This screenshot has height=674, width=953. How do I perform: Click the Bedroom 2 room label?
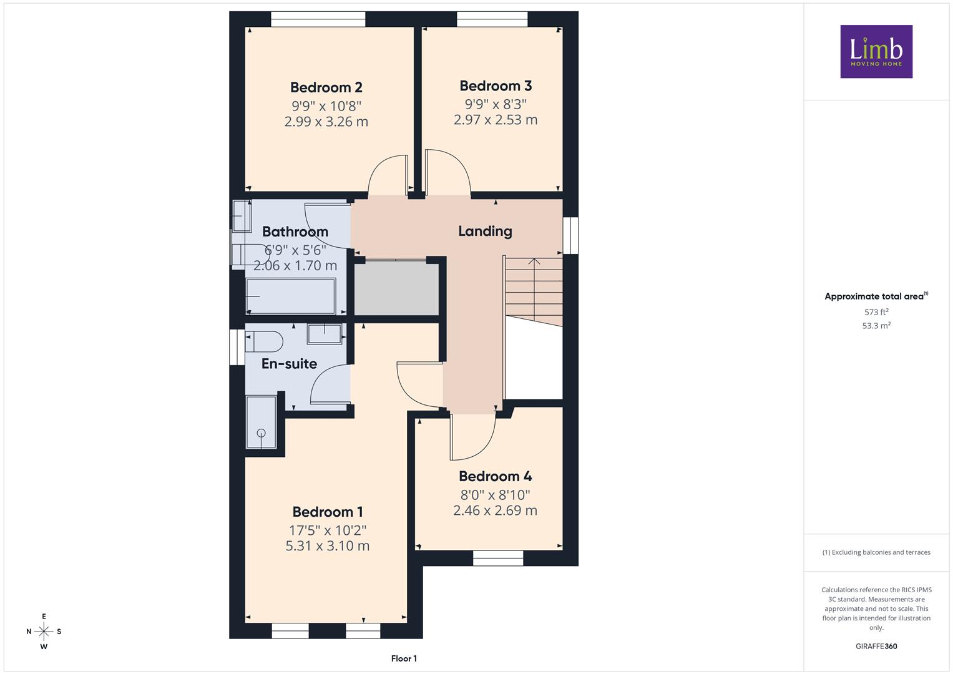point(326,87)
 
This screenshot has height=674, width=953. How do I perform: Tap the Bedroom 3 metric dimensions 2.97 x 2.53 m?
point(496,120)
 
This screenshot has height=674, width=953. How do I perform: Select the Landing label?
point(485,231)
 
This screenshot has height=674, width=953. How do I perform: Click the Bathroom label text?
point(295,232)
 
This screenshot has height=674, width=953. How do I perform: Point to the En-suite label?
point(290,364)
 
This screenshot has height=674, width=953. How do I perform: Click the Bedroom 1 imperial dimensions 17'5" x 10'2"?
point(328,530)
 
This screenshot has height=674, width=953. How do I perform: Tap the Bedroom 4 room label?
point(495,476)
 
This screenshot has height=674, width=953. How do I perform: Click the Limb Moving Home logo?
point(876,51)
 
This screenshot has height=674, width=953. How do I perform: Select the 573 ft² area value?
point(876,312)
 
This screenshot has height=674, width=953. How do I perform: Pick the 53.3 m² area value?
point(876,326)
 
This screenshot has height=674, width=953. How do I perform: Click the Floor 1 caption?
point(404,658)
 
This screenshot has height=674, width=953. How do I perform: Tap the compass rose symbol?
point(44,632)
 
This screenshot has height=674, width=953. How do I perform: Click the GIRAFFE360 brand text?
point(876,646)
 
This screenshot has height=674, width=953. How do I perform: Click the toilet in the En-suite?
point(264,342)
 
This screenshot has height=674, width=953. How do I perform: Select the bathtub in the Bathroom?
point(291,296)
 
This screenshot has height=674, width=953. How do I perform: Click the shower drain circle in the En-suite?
point(261,433)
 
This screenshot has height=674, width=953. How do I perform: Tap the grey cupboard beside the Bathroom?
point(396,288)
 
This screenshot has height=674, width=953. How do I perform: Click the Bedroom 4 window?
point(498,559)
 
